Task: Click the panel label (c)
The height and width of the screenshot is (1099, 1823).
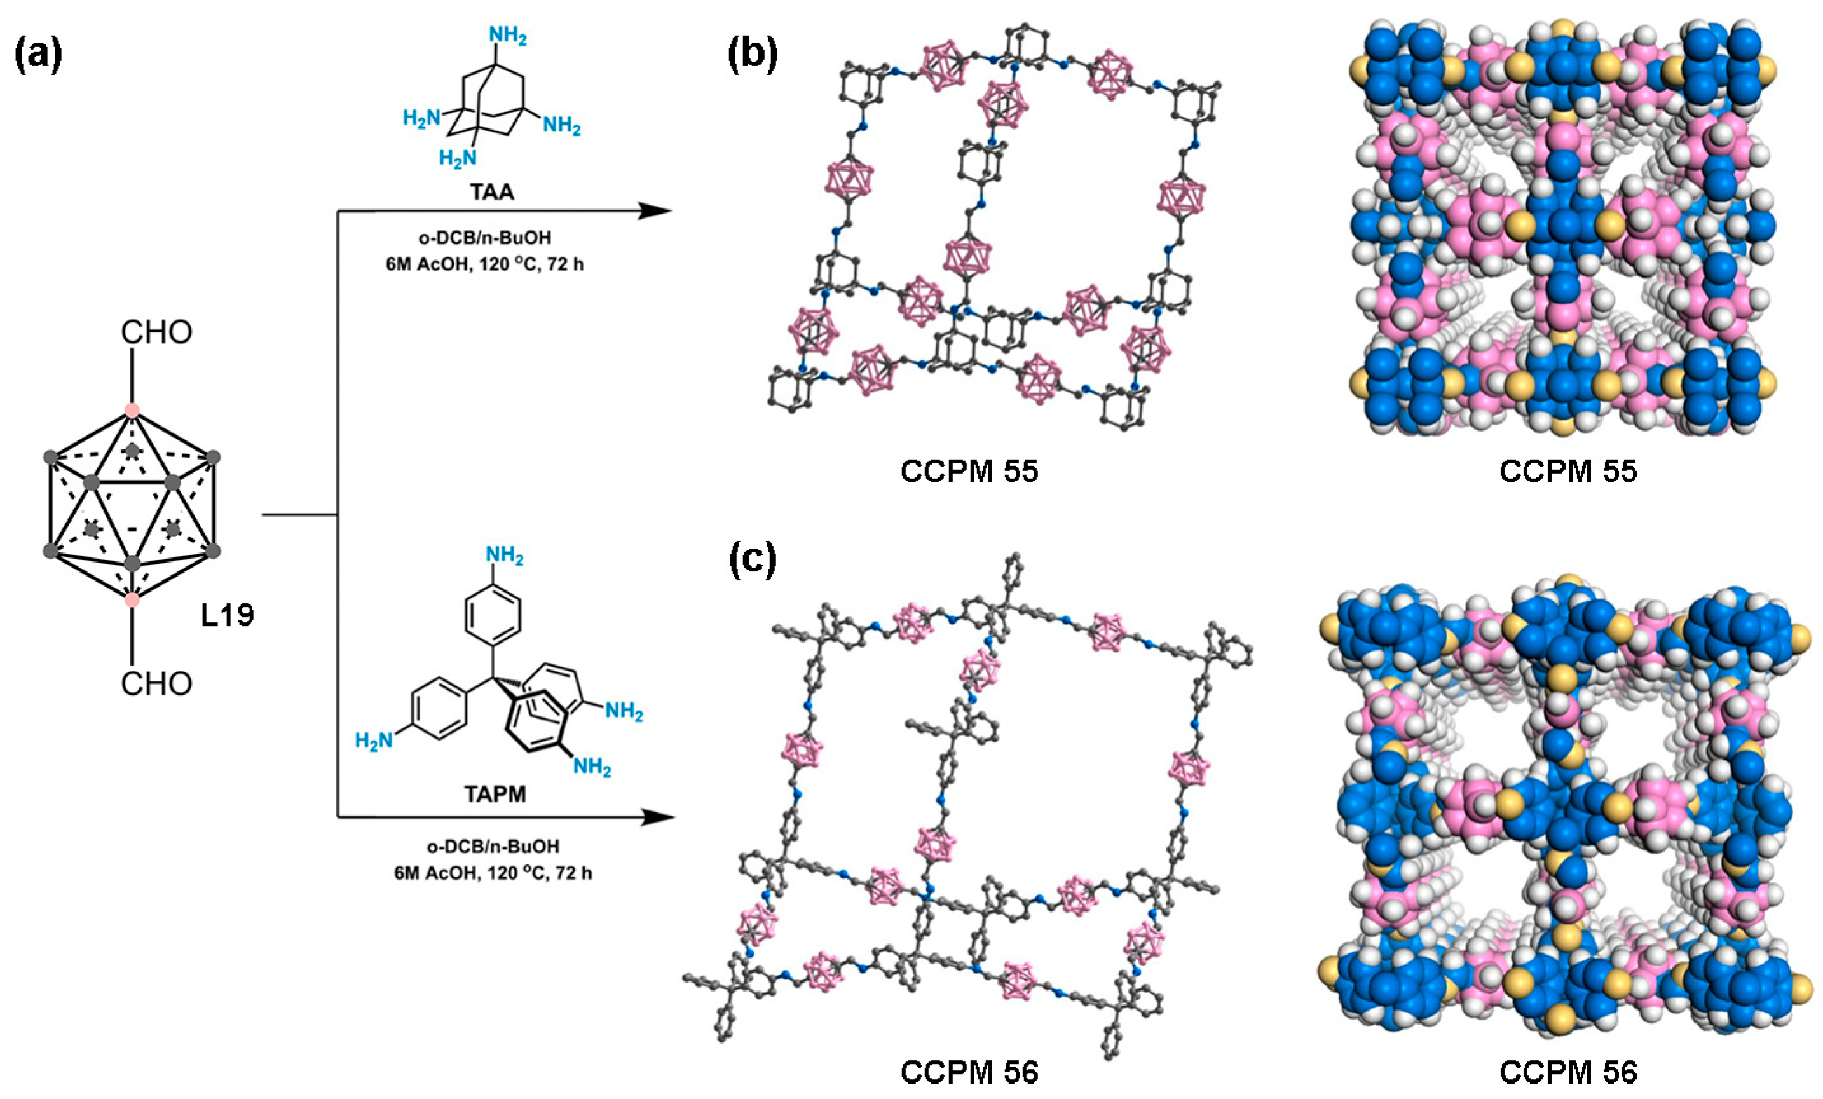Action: (753, 560)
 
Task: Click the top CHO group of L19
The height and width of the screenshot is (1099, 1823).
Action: (156, 333)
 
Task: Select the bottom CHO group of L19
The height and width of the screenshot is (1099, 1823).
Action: (156, 684)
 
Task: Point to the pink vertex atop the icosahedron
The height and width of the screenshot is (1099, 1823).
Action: (132, 409)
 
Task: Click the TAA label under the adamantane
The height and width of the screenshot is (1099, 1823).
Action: (492, 193)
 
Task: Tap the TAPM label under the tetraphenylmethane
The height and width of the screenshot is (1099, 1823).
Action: (495, 795)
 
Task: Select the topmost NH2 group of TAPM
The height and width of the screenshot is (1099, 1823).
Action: (504, 555)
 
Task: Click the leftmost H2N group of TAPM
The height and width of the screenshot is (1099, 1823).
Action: (374, 740)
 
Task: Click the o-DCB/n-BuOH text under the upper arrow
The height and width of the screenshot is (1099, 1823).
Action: (484, 238)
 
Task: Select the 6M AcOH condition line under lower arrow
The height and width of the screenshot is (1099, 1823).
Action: (493, 873)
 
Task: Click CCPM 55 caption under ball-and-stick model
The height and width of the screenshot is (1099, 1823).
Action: (969, 472)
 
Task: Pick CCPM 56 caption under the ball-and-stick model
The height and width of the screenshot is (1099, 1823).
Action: (969, 1072)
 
